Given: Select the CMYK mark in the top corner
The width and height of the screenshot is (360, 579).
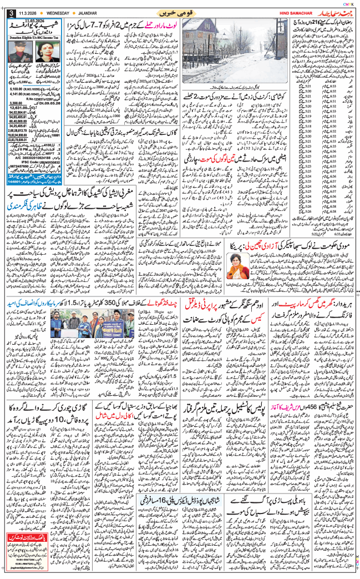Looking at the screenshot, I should point(349,3).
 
